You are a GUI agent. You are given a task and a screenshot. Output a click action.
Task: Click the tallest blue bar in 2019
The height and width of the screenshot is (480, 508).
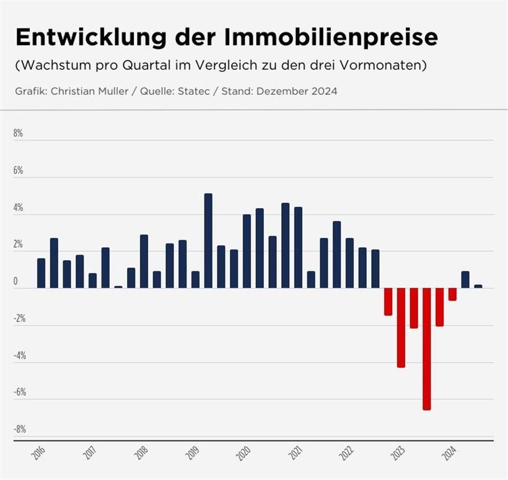(x=208, y=241)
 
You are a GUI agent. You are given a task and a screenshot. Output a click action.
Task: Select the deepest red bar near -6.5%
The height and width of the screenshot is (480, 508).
(x=427, y=349)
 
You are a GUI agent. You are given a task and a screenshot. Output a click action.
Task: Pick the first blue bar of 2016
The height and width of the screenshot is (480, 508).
(x=41, y=273)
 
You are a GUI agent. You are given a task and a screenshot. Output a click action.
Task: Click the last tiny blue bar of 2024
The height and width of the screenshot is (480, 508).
(x=478, y=286)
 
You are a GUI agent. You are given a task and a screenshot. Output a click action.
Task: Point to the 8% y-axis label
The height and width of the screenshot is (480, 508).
(x=19, y=134)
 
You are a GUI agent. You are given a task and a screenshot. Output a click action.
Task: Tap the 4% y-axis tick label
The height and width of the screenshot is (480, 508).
(x=19, y=208)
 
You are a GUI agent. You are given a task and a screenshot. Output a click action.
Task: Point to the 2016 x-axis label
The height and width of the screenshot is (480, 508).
(x=39, y=454)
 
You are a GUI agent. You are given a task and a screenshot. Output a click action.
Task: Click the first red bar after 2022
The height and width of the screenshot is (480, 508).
(x=388, y=302)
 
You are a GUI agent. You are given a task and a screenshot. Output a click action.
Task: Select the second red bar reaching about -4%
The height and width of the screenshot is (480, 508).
(x=401, y=328)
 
